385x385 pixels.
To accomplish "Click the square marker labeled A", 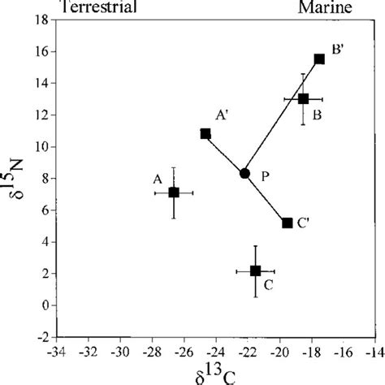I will pos(173,192).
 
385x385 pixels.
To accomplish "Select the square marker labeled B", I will pos(303,99).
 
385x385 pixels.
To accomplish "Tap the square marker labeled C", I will pos(255,270).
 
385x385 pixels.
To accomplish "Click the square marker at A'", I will pos(205,134).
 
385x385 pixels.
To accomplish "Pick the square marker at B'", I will pos(319,58).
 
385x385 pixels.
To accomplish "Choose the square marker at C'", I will pos(287,223).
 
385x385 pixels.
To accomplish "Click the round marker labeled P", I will pos(244,173).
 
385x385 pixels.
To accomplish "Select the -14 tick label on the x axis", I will pos(374,354).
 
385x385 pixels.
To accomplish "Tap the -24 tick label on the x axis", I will pos(214,354).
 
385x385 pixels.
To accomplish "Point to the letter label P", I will pos(265,174).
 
